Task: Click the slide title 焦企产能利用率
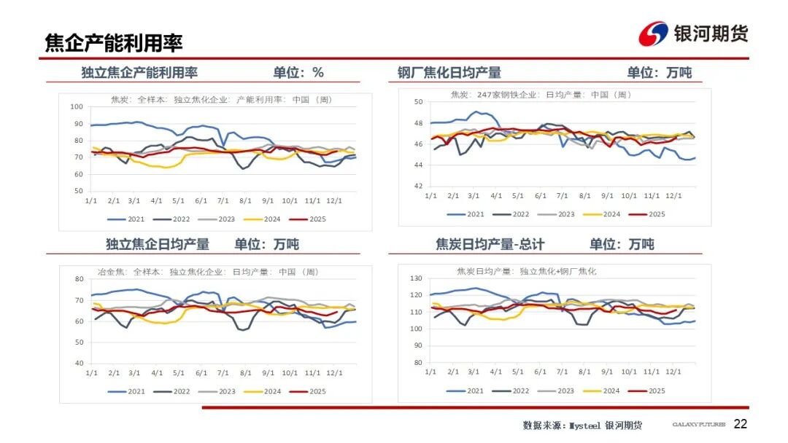click(x=114, y=43)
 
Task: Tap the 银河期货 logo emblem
click(x=653, y=34)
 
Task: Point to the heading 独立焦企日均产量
click(x=158, y=244)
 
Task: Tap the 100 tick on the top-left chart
click(x=77, y=107)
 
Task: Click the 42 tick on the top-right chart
click(x=419, y=187)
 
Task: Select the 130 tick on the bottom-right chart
click(x=417, y=278)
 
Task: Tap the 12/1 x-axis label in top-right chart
click(x=673, y=196)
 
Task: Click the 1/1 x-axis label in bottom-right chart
click(x=430, y=372)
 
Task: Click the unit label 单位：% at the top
click(x=298, y=73)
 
